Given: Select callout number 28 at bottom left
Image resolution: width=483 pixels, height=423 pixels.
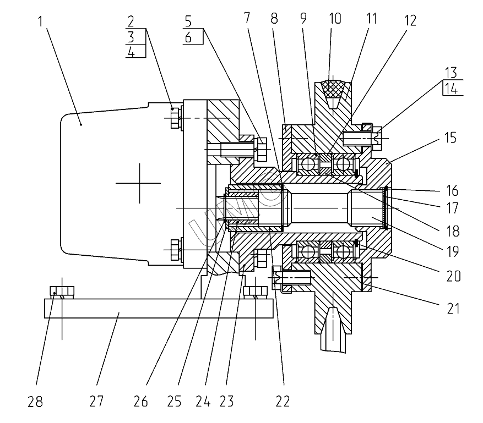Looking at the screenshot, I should pos(35,402).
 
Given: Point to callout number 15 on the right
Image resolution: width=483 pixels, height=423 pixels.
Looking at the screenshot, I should pos(451,138).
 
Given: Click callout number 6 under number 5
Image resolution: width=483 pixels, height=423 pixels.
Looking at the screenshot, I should pos(189,39).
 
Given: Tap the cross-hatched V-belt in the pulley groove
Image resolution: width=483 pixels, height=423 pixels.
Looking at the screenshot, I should pos(334,87).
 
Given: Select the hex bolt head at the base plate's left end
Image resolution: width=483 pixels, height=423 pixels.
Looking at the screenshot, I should pos(61,291).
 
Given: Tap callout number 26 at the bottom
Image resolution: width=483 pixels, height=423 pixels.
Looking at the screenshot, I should pos(141,402).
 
